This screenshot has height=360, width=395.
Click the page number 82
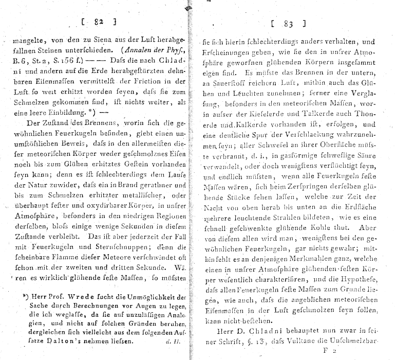tap(99, 21)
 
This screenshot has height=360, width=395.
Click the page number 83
tap(288, 24)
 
